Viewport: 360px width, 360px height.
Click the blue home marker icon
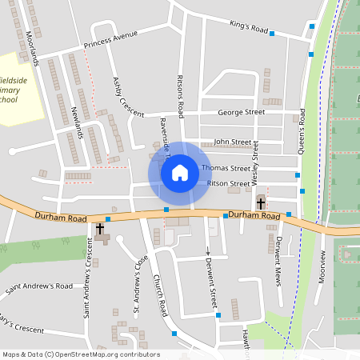pos(180,173)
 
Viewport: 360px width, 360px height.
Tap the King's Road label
pos(248,27)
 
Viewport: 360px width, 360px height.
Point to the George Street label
pos(241,113)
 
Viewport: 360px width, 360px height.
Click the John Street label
pos(232,142)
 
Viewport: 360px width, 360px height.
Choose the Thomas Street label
pos(226,169)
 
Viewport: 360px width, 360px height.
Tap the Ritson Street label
pos(229,183)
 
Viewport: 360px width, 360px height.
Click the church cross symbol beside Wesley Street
pos(261,202)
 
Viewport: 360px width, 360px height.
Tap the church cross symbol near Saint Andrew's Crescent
pos(100,230)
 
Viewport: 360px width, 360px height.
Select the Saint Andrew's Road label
pos(39,286)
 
